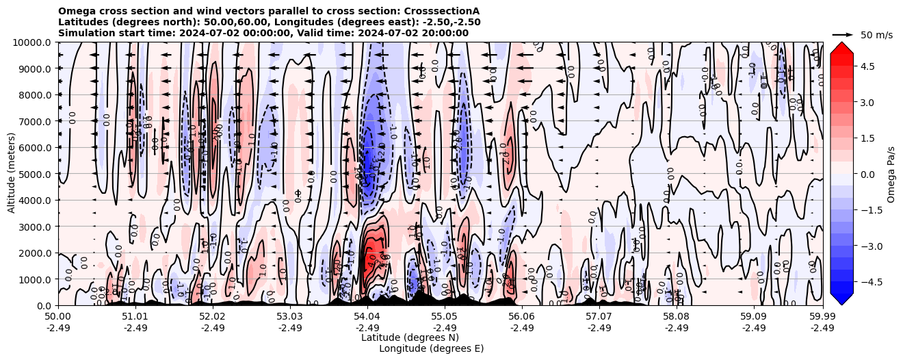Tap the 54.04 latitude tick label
(367, 317)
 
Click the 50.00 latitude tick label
(58, 317)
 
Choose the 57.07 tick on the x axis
(599, 317)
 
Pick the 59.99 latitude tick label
(822, 317)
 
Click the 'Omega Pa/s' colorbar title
(891, 174)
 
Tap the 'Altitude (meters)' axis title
(12, 174)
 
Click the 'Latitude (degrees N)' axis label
(410, 337)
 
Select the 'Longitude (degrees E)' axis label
(431, 348)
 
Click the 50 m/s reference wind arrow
(843, 34)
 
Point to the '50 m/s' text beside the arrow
(876, 35)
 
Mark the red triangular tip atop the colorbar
(841, 47)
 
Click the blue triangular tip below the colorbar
(841, 298)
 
